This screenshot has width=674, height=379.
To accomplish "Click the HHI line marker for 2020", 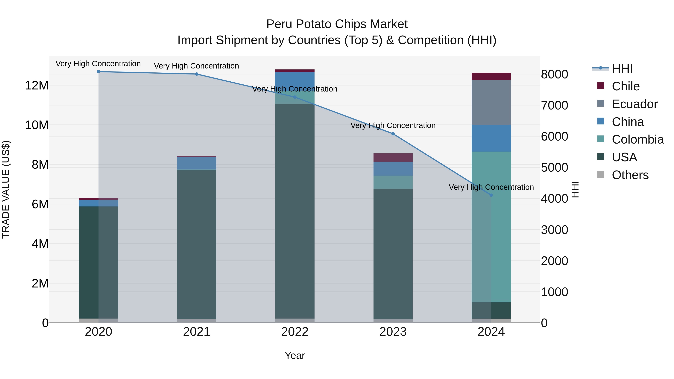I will (98, 72).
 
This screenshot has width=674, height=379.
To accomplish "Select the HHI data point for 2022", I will (295, 97).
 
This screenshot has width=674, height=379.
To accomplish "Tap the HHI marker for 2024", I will (491, 195).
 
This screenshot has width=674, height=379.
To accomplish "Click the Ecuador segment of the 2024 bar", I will (491, 103).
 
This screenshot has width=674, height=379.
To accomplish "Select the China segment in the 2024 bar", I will (491, 138).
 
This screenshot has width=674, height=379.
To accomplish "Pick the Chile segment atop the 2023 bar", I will (393, 157).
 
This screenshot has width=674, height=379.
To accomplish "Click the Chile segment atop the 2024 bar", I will (491, 76).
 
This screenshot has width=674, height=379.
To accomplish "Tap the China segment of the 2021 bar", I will (197, 163).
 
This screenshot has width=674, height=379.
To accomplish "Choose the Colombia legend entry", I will (637, 139).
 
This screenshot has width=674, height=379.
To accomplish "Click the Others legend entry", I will (630, 175).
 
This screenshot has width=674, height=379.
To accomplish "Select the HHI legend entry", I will (622, 69).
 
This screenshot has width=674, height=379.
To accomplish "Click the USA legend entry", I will (624, 157).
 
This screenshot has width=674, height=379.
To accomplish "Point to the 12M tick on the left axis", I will (37, 86).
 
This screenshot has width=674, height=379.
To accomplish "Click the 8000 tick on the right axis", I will (554, 74).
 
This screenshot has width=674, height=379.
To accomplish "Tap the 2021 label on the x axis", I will (197, 332).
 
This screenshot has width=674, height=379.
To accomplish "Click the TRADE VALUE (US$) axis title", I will (6, 189).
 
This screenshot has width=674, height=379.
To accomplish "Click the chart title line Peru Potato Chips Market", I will (337, 24).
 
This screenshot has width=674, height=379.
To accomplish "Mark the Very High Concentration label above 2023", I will (393, 126).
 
